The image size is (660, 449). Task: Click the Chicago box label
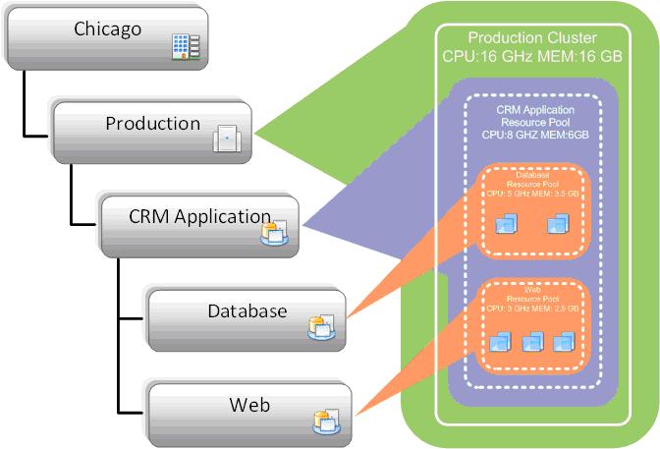tap(108, 28)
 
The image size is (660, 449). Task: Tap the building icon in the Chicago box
tap(186, 45)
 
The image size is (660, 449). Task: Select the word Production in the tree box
tap(152, 124)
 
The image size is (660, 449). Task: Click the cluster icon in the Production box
tap(227, 140)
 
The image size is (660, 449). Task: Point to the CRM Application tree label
tap(199, 216)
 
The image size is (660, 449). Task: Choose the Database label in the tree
tap(247, 311)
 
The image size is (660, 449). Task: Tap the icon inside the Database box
tap(321, 327)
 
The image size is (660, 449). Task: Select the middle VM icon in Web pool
tap(531, 343)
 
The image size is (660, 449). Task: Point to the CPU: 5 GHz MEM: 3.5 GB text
tap(533, 194)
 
